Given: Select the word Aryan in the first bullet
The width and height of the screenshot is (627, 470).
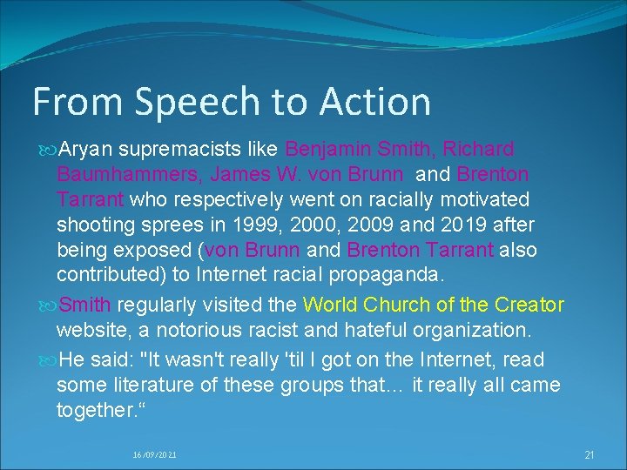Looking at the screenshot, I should click(86, 149).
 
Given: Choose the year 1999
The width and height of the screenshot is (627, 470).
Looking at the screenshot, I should click(254, 225).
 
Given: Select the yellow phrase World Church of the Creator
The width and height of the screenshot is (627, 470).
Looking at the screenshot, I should click(433, 305).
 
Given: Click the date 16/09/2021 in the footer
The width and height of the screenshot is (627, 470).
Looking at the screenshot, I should click(154, 453).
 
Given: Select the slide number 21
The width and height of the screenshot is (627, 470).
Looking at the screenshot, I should click(590, 453).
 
